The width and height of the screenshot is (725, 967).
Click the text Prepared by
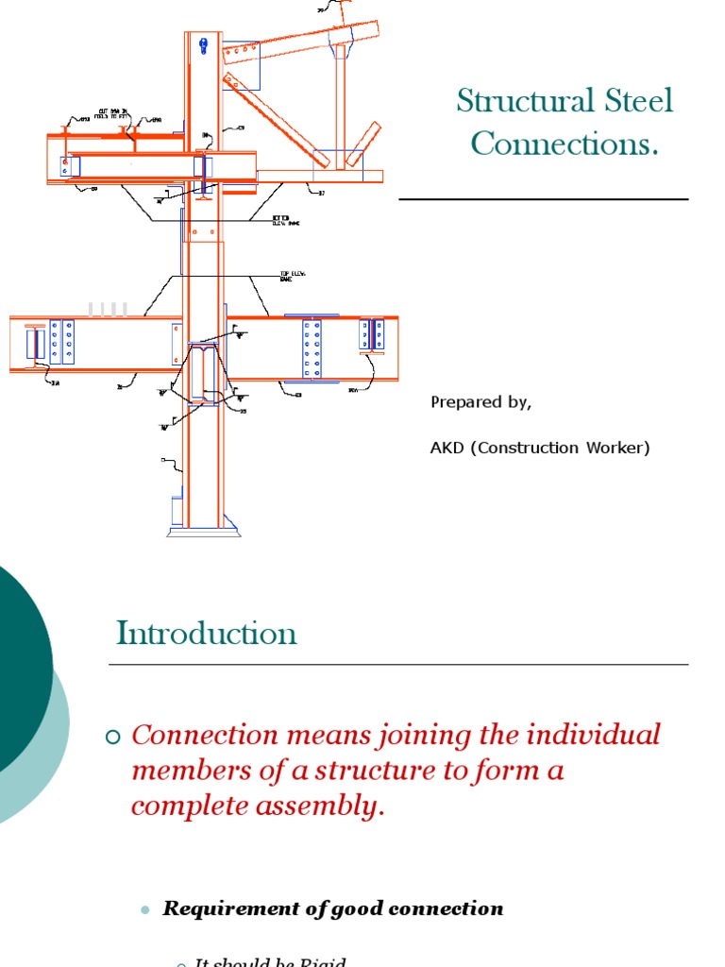click(481, 402)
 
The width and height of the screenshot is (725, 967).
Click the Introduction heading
click(207, 633)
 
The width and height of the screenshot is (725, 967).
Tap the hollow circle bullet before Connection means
click(115, 738)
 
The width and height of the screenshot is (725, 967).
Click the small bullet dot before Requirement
click(144, 909)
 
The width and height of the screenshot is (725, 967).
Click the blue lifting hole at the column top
click(203, 42)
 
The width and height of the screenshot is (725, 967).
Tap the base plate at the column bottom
click(204, 532)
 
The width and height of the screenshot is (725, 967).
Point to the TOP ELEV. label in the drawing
click(288, 276)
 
